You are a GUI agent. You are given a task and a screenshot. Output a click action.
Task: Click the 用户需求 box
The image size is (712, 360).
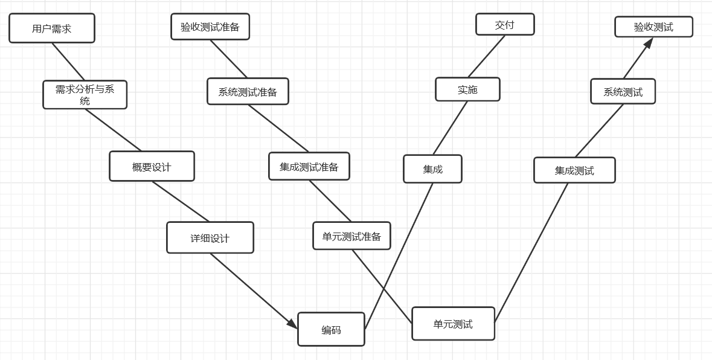[52, 28]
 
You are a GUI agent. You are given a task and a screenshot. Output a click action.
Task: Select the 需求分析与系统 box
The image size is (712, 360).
[85, 95]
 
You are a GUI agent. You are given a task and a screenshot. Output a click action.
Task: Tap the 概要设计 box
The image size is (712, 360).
[152, 166]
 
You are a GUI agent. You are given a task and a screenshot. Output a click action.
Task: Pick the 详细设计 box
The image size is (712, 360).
[210, 237]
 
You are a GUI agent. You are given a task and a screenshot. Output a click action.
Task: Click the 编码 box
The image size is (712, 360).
[331, 329]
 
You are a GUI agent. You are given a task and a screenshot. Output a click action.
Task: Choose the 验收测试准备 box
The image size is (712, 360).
[210, 27]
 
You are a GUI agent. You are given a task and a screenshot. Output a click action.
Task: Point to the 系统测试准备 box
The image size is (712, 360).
[248, 91]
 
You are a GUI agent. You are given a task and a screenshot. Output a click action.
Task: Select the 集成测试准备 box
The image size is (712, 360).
[309, 166]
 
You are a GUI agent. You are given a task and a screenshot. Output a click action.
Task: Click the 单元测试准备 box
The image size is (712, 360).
[351, 236]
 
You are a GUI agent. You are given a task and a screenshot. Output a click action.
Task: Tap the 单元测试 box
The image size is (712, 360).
[453, 324]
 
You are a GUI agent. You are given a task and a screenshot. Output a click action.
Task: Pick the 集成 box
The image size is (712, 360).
[432, 169]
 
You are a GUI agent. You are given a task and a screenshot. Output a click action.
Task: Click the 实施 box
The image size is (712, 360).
[467, 89]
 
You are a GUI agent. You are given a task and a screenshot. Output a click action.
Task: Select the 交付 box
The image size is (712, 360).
[505, 25]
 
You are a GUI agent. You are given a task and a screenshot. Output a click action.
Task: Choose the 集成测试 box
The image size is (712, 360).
[574, 170]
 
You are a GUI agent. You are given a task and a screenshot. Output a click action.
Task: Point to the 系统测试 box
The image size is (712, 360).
[623, 92]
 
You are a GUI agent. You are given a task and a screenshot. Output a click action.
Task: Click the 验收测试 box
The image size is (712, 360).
[653, 27]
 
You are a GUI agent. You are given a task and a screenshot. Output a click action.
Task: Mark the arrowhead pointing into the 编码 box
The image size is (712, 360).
[292, 324]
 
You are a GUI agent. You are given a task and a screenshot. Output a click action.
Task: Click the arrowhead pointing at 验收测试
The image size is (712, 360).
[649, 43]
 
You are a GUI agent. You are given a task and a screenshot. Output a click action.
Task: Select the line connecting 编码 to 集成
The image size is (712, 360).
[399, 256]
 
